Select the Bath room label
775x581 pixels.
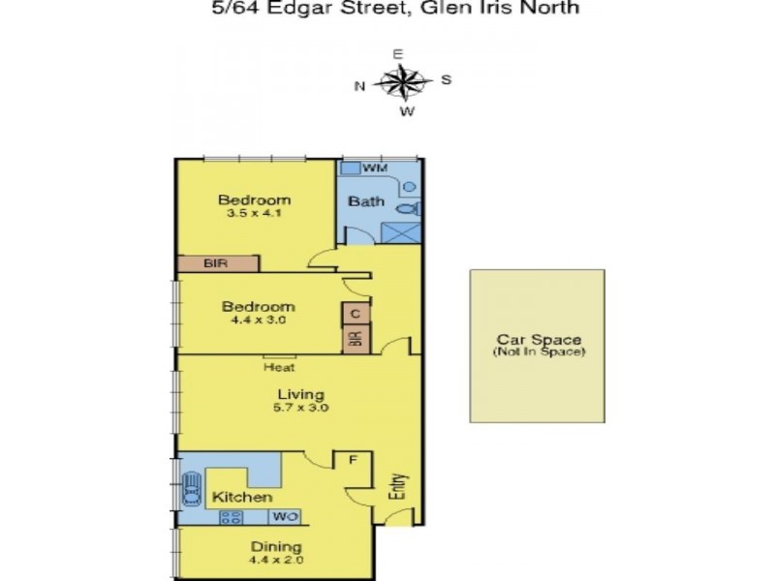[367, 201]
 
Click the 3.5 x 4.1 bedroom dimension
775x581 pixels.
[254, 214]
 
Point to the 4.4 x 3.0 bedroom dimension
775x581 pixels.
[254, 320]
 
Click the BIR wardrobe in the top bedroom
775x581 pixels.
[218, 263]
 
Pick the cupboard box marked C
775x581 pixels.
[356, 315]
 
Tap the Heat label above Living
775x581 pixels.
[279, 368]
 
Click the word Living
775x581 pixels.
[300, 394]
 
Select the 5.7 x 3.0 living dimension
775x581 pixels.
[300, 408]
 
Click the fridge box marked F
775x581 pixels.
[353, 460]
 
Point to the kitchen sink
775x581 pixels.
[191, 488]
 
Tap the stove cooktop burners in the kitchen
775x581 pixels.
[231, 517]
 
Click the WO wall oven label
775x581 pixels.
[284, 517]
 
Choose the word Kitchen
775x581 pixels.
[242, 497]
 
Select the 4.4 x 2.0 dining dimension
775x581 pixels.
[276, 561]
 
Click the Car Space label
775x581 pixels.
[538, 340]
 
